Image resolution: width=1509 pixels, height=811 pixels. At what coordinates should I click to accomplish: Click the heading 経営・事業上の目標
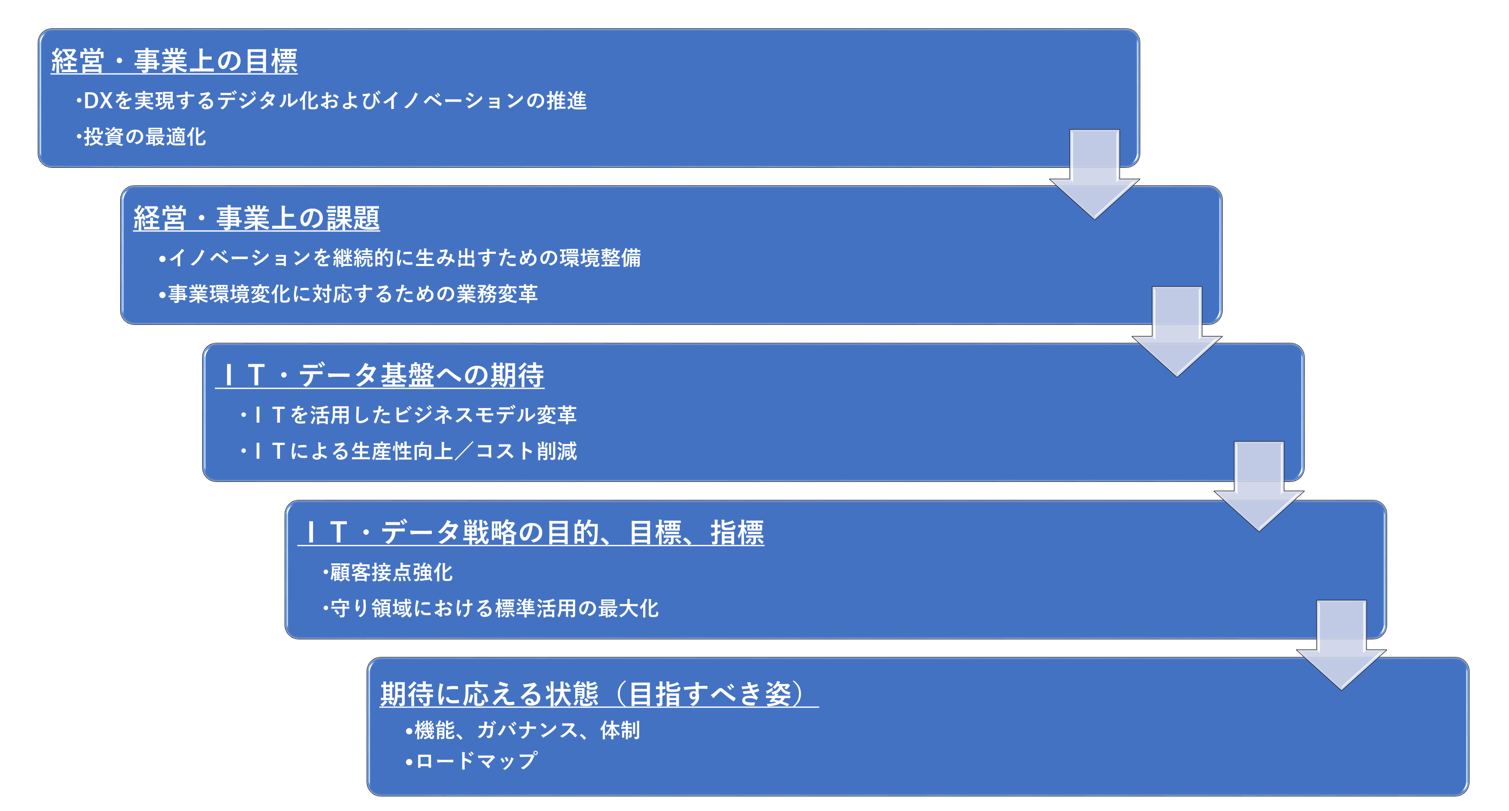174,61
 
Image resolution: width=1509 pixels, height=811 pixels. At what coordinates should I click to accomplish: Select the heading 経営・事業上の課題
257,218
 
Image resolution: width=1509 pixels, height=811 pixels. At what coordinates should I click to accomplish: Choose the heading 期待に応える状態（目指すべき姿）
599,694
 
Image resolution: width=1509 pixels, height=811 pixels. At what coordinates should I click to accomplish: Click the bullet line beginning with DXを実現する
331,101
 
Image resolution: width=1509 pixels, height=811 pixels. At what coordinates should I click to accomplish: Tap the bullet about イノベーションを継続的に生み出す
400,257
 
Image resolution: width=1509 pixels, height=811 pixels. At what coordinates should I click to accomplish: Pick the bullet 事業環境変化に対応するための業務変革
349,294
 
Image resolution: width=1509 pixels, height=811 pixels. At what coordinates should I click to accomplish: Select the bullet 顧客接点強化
388,573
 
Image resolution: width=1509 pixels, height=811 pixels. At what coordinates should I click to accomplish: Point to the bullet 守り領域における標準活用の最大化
491,609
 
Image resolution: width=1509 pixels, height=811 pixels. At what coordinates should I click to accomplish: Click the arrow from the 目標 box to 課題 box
1094,175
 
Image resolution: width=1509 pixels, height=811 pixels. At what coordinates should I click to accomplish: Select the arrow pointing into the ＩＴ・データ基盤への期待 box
1177,331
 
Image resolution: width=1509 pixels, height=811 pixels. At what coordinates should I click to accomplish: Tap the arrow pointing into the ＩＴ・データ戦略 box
1259,487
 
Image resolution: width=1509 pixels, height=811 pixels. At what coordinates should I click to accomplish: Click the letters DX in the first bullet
98,101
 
